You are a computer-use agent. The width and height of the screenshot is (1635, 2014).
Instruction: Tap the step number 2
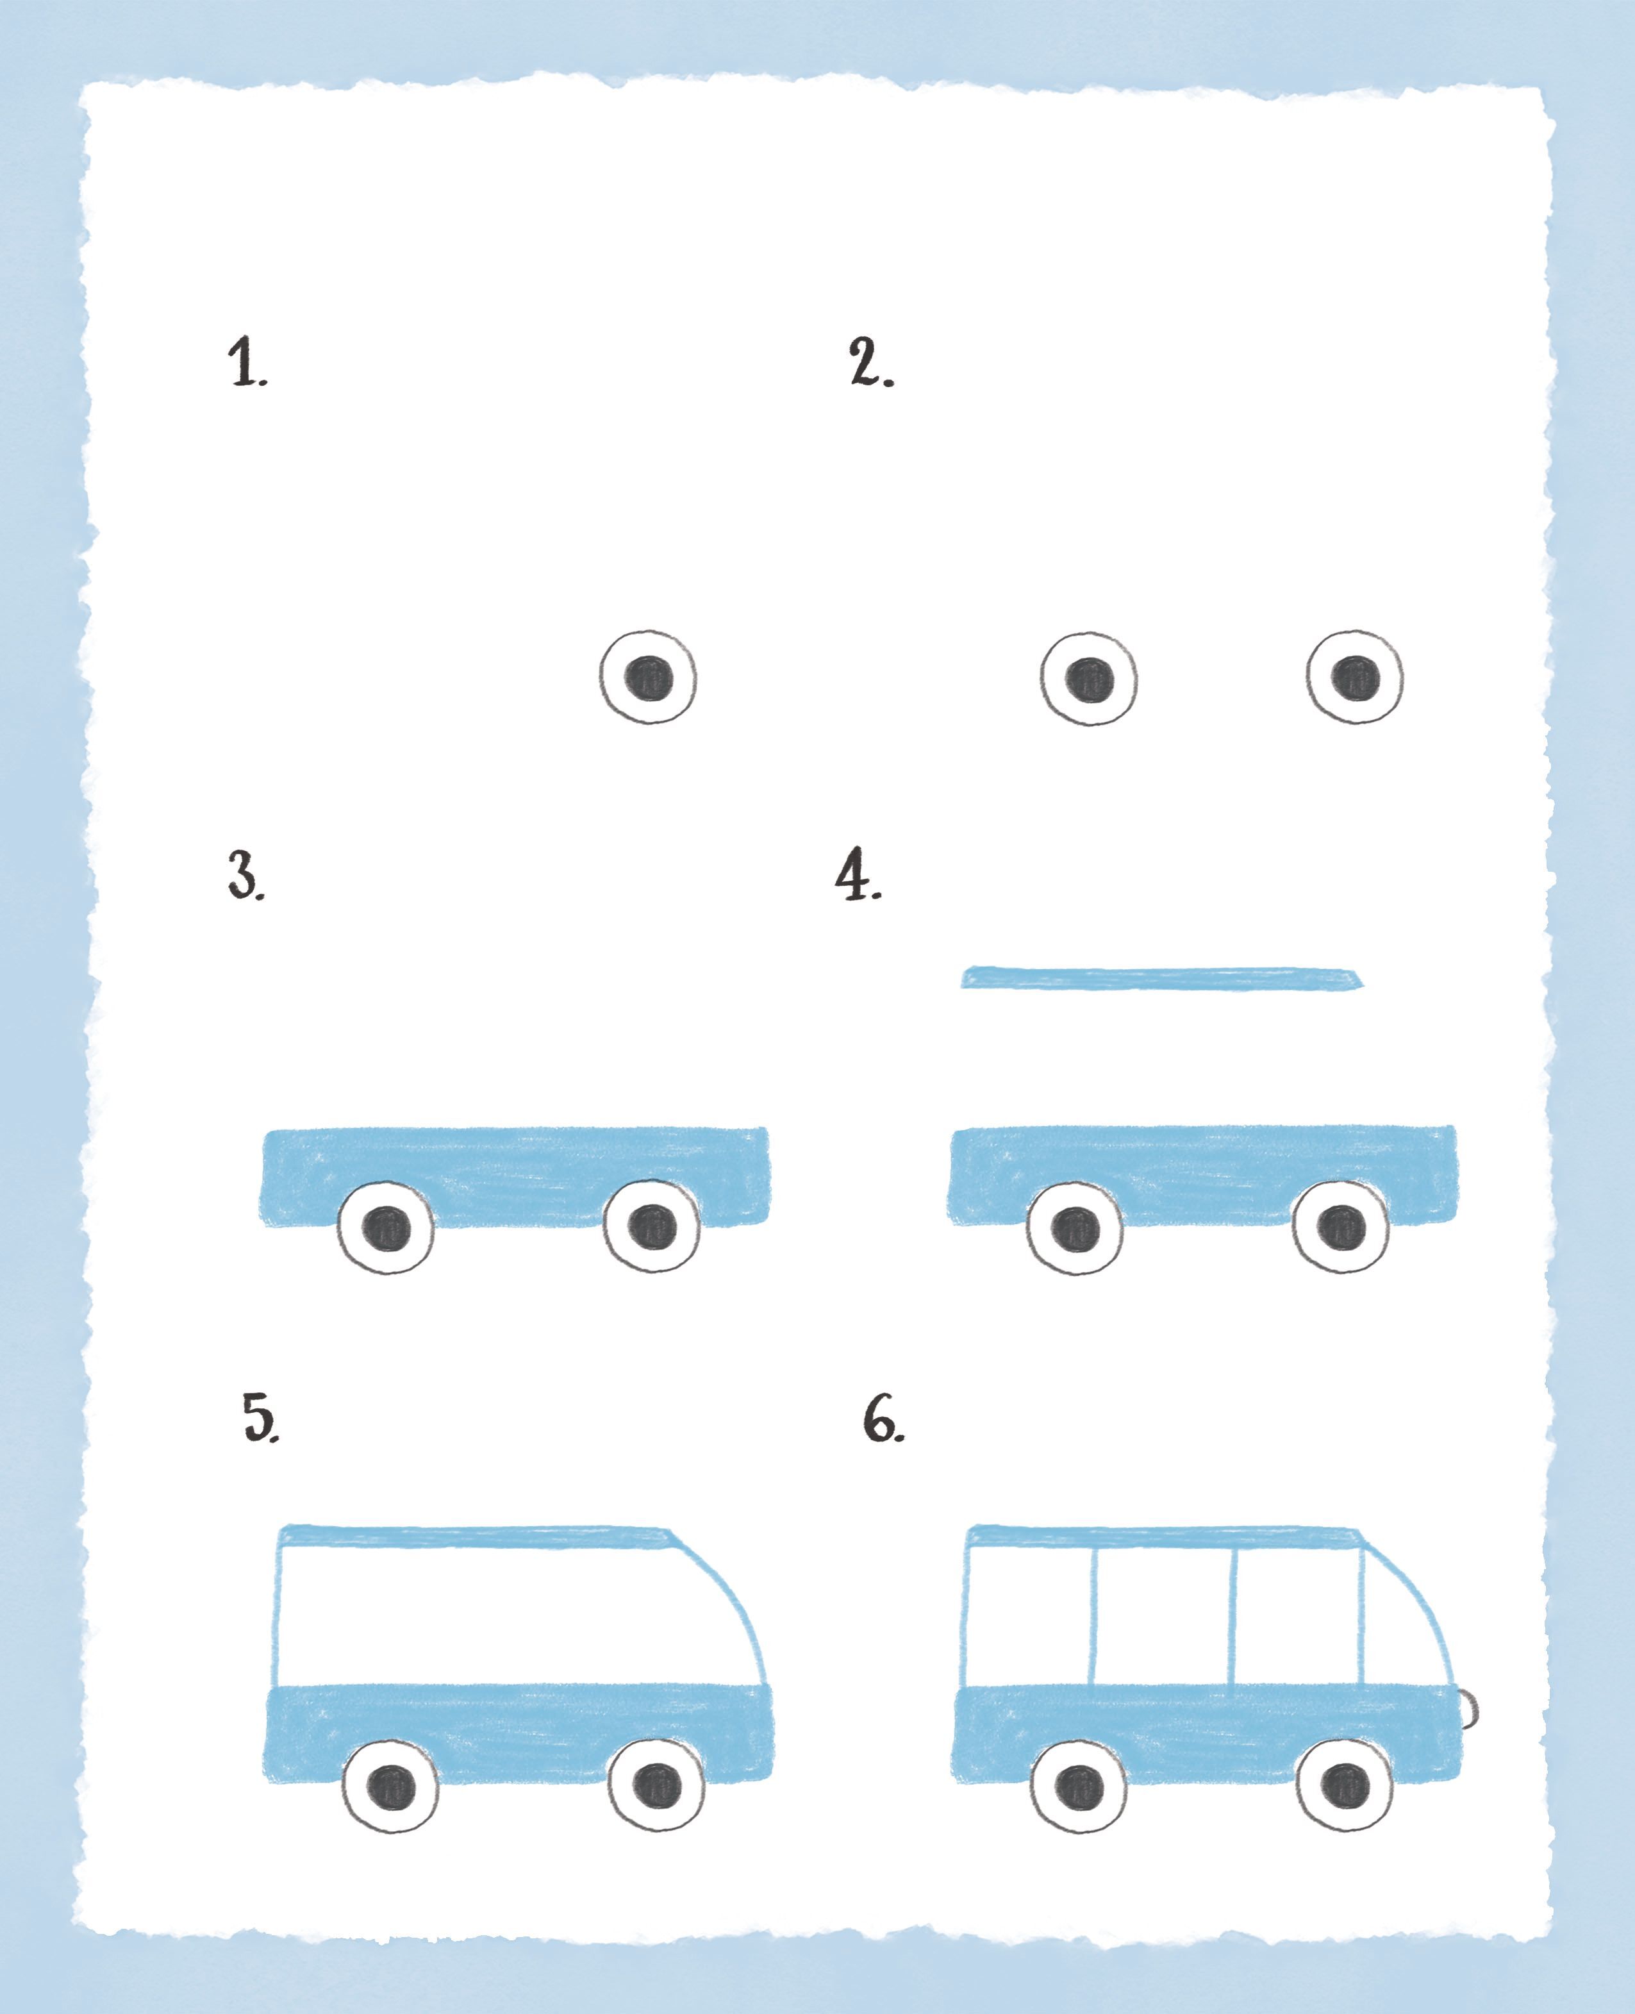click(871, 363)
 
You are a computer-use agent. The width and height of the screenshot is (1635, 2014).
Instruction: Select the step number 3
click(247, 876)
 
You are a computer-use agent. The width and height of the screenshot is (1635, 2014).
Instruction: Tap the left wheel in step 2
click(1089, 678)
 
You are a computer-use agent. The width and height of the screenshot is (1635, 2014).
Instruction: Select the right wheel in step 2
click(1354, 676)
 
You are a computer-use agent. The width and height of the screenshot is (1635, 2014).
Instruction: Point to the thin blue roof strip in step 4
click(1161, 978)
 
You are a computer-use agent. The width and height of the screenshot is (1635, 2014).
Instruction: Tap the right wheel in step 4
click(1340, 1226)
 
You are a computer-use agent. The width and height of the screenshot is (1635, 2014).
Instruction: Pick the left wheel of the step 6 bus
click(1079, 1784)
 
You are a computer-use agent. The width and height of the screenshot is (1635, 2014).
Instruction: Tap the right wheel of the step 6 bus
click(1345, 1783)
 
